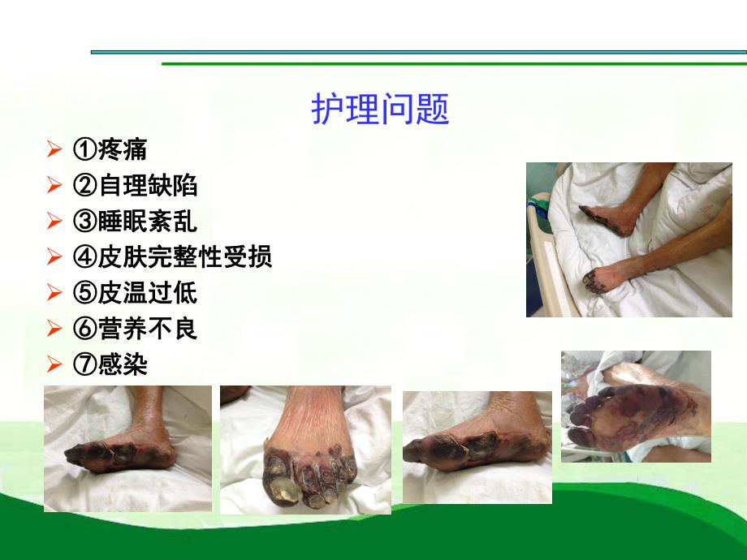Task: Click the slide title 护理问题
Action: pos(380,110)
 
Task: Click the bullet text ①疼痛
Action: pos(110,149)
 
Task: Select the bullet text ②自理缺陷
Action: pos(136,185)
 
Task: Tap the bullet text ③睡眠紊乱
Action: pos(136,222)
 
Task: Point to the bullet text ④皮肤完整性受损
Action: pos(172,257)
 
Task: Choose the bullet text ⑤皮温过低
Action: pos(136,293)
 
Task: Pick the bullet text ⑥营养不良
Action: pos(136,329)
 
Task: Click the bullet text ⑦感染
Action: pos(110,364)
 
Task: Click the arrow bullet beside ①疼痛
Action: pos(54,150)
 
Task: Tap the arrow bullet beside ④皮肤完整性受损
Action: pos(54,258)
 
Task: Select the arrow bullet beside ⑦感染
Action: pos(54,365)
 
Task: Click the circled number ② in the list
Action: pos(84,186)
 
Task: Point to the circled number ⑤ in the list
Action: pos(84,294)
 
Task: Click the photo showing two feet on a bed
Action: pos(628,239)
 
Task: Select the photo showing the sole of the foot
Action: pos(636,407)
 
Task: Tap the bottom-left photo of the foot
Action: pos(127,449)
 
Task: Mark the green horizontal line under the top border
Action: pos(455,63)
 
